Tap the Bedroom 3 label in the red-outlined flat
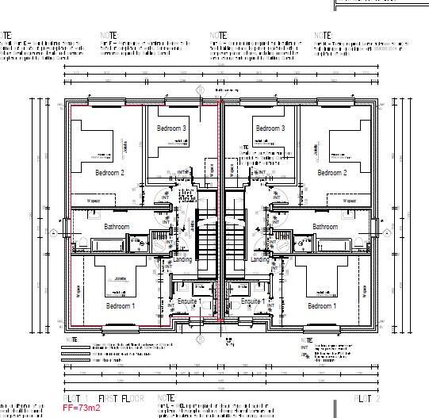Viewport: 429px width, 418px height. [x=171, y=128]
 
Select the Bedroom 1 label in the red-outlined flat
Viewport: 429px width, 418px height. [x=121, y=305]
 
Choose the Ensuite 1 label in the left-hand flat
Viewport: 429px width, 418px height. [x=189, y=302]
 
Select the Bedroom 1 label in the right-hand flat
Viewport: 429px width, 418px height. [x=320, y=305]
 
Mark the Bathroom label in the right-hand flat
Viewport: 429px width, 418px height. [x=325, y=227]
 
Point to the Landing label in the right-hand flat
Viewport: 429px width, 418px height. [x=260, y=259]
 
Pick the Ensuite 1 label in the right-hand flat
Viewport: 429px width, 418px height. [x=252, y=302]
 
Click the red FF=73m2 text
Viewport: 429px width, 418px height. [x=83, y=410]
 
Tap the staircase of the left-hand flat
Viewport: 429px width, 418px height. [x=207, y=238]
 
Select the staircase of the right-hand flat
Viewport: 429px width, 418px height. [x=236, y=238]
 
